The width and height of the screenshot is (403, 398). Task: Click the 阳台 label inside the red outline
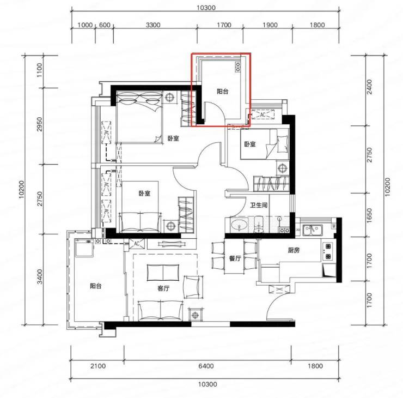coord(222,92)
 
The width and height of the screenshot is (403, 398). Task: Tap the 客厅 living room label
coord(163,288)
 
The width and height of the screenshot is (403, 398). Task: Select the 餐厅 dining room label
coord(235,258)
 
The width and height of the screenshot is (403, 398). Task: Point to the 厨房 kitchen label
coord(294,250)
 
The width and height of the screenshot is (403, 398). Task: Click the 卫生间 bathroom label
coord(259,205)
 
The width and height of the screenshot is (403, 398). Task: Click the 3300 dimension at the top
coord(153,25)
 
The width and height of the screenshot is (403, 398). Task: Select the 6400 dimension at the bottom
coord(206,366)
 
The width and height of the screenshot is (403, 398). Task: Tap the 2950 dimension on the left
coord(39,124)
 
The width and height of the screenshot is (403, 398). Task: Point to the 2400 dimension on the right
coord(369,87)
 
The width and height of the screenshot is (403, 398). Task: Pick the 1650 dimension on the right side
coord(369,215)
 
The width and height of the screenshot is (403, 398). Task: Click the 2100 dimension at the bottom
coord(98,366)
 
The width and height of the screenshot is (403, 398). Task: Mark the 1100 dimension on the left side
coord(39,70)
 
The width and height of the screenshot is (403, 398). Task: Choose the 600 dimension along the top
coord(105,25)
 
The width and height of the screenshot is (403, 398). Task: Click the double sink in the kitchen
coord(312,230)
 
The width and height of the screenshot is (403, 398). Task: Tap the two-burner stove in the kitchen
coord(328,251)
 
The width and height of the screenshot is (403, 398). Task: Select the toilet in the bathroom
coord(258,225)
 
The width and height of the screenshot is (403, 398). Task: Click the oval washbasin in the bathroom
coord(239,226)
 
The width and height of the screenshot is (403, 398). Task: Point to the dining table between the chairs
coord(234,256)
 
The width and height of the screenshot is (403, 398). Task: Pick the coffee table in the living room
coord(163,272)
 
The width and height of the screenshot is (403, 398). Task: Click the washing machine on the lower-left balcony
coord(84,248)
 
